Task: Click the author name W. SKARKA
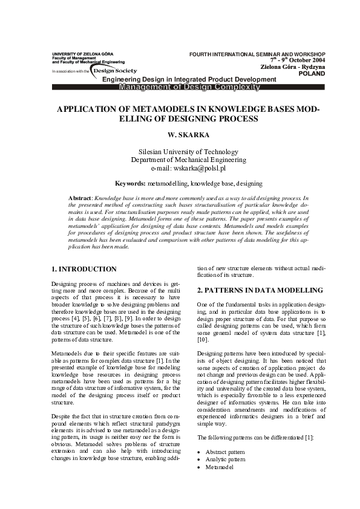pos(180,135)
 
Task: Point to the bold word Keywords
pos(129,182)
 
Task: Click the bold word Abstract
pos(80,198)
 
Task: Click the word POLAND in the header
pos(312,74)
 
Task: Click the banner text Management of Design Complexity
pos(189,87)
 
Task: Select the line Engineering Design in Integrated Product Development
pos(189,80)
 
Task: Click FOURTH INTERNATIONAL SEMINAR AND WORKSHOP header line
pos(257,53)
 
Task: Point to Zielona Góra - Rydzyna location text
pos(292,66)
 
